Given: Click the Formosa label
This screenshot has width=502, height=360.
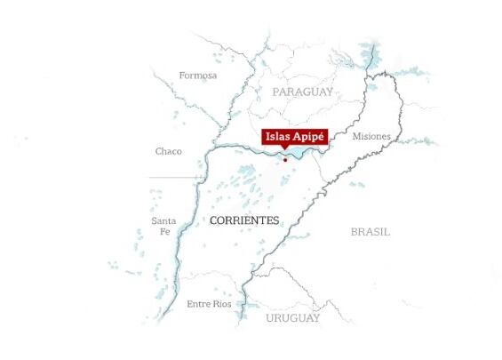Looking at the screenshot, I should (x=197, y=76).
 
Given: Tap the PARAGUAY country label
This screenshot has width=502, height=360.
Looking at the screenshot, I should (x=303, y=92).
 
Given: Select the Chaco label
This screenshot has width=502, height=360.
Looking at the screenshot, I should (x=168, y=151).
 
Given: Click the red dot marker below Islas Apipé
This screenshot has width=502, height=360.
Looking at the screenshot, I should (x=285, y=160).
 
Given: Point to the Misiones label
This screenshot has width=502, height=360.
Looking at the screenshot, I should (x=371, y=136).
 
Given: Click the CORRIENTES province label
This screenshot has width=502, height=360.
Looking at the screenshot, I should (x=243, y=220).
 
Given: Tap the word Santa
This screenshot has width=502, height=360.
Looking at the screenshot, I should (x=163, y=220).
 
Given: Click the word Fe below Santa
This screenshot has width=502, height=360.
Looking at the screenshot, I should (x=163, y=231).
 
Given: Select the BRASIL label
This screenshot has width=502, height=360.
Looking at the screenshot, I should (x=370, y=231).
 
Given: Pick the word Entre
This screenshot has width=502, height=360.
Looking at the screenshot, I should (x=199, y=304).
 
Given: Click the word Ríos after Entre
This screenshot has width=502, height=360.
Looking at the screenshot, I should (x=222, y=304).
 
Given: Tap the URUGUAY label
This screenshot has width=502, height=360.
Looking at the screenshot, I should (x=292, y=318).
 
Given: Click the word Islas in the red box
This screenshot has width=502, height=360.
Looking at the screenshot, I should (x=278, y=137).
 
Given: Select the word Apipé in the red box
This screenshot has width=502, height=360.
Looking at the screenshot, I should (x=309, y=137).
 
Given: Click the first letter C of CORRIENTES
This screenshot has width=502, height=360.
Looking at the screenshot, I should (x=213, y=220).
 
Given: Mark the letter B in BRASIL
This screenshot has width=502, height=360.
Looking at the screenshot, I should (x=354, y=231).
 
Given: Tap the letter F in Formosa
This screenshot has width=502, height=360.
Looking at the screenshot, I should (x=182, y=76).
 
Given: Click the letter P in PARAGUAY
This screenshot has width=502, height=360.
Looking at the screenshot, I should (x=276, y=92).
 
